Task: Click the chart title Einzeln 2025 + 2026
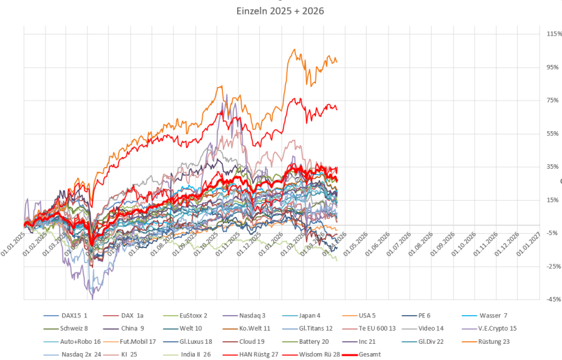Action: (x=281, y=11)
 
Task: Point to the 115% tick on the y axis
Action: (x=553, y=34)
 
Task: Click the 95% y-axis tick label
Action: (x=553, y=67)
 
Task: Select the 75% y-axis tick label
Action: (x=553, y=101)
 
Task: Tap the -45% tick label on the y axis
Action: (x=552, y=300)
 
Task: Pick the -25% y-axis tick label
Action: (x=552, y=267)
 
